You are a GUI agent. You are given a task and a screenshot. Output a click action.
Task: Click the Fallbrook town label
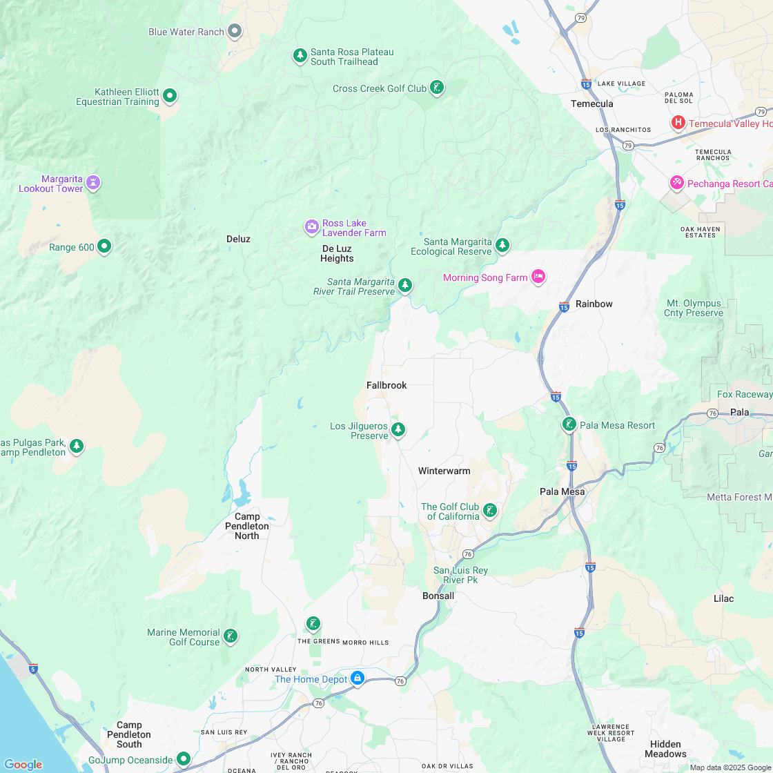[386, 385]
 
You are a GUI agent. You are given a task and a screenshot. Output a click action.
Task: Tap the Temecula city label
[591, 104]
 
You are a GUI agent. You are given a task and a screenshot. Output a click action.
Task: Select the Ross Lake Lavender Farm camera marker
[312, 226]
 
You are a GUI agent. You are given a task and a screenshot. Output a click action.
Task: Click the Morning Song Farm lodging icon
[539, 277]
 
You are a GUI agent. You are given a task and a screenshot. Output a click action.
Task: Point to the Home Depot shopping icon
[358, 678]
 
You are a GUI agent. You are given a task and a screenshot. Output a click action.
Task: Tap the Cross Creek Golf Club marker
[437, 87]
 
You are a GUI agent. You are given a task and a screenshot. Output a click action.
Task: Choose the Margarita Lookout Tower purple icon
[93, 183]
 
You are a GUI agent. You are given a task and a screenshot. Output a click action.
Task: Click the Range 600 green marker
[104, 246]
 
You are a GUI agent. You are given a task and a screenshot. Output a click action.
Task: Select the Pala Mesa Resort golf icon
[569, 424]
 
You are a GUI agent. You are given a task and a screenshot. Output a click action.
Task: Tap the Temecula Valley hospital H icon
[678, 123]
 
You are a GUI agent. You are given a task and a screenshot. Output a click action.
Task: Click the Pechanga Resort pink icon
[677, 183]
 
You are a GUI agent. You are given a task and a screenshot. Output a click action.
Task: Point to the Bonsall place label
[438, 596]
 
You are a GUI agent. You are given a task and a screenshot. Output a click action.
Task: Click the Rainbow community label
[594, 304]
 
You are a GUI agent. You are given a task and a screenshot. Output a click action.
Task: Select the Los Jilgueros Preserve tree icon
[398, 430]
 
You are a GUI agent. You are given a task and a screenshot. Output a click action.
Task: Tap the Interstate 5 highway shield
[33, 668]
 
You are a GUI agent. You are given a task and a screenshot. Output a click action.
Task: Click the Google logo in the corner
[23, 764]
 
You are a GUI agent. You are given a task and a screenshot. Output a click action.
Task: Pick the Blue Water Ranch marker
[235, 31]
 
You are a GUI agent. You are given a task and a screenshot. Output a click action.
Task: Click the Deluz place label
[238, 239]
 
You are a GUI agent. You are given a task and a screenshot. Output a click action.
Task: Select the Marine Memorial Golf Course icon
[231, 636]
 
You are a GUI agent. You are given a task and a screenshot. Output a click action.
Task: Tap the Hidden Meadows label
[665, 749]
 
